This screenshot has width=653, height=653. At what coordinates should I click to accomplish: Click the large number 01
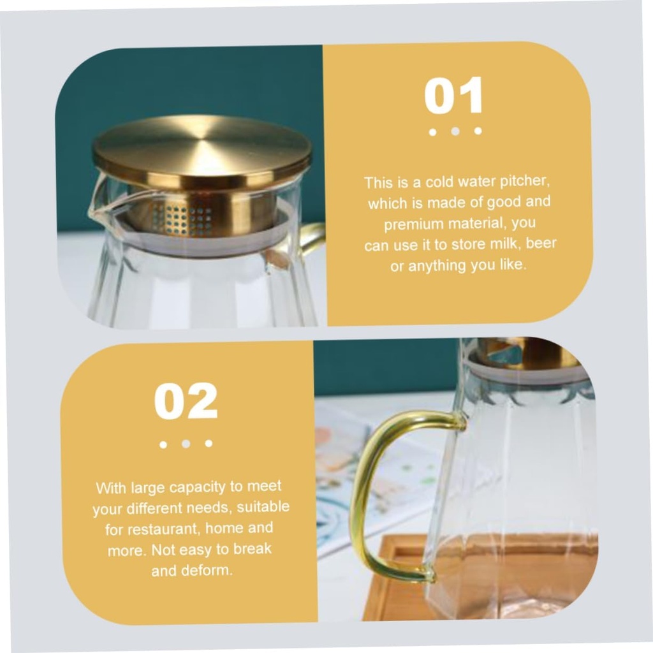[453, 96]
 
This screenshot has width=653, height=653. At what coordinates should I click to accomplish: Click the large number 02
[186, 401]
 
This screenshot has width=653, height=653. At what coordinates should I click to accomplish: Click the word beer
[541, 243]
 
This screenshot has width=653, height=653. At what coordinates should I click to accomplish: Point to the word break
[252, 549]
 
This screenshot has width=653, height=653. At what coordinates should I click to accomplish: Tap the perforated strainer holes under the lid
[182, 219]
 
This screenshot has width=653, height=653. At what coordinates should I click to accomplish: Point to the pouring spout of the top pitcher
[97, 202]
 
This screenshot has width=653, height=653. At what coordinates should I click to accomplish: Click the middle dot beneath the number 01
[455, 131]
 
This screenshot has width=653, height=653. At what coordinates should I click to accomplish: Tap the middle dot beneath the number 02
[186, 444]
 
